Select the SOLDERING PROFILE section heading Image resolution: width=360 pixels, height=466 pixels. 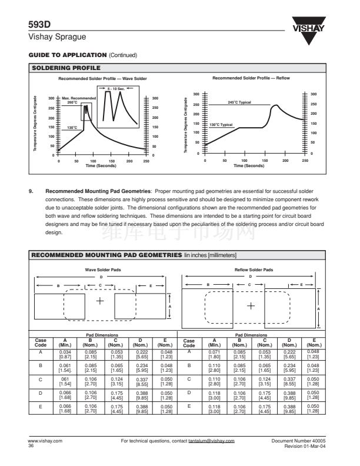coord(61,68)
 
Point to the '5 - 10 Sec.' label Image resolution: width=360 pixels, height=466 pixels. coord(111,88)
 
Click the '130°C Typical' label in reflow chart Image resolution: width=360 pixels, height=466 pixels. coord(221,125)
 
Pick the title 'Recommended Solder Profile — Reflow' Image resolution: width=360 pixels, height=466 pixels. coord(251,78)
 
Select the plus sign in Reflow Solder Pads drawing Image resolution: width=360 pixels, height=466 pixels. coord(251,305)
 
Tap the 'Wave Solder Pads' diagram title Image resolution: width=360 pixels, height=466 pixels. coord(101,269)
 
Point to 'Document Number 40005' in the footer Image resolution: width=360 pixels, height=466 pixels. coord(303,440)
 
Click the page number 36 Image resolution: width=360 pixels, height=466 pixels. coord(31,445)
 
